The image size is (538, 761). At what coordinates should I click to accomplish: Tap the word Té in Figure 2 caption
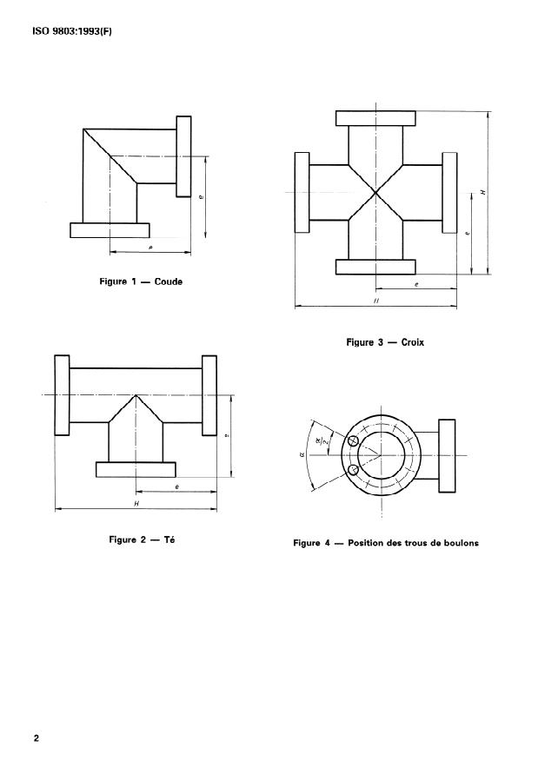click(169, 539)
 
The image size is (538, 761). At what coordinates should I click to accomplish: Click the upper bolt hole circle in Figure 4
click(353, 441)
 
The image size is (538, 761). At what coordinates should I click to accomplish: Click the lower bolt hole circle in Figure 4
click(353, 471)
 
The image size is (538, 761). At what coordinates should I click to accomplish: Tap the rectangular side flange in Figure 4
click(447, 455)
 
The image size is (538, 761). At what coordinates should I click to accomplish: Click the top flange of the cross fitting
click(375, 118)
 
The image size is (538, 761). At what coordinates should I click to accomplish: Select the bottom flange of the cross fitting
click(375, 267)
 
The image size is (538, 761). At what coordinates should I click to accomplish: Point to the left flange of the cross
click(302, 192)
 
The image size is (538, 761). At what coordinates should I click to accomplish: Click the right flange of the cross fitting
click(450, 192)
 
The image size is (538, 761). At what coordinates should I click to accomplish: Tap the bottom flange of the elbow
click(110, 229)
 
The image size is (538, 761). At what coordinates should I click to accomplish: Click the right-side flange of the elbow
click(184, 156)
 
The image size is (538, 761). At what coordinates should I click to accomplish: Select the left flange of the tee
click(61, 395)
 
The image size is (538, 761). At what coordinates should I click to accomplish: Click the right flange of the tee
click(209, 395)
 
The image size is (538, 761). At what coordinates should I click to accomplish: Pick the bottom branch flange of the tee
click(135, 469)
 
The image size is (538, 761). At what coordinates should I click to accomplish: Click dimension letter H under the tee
click(136, 503)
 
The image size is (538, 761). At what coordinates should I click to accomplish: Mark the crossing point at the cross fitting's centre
click(375, 192)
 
